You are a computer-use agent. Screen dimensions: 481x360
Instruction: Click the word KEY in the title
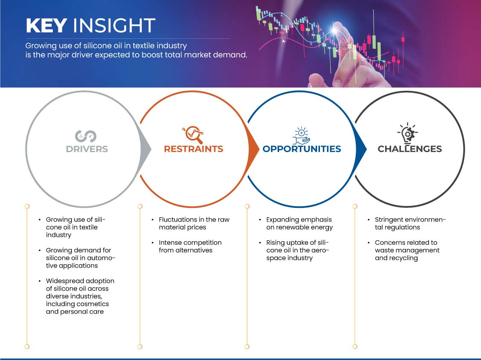[46, 26]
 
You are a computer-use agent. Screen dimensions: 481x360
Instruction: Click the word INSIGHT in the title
[114, 26]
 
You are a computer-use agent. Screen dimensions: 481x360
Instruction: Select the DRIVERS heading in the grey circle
[87, 149]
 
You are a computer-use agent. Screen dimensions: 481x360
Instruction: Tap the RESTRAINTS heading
[193, 149]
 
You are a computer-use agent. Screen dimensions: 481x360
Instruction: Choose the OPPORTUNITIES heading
[302, 149]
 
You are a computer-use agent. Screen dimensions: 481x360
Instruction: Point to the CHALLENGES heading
[410, 149]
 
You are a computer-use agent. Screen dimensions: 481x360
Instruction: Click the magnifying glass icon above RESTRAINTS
[193, 135]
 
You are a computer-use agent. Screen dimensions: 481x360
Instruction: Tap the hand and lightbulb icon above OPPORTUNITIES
[301, 135]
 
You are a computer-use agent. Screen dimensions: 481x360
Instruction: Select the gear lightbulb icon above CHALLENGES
[408, 133]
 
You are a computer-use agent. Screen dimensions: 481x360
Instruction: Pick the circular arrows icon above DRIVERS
[86, 136]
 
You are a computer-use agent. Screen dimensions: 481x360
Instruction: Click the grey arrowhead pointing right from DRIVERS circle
[146, 150]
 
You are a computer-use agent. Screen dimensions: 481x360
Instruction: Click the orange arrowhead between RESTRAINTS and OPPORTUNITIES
[253, 150]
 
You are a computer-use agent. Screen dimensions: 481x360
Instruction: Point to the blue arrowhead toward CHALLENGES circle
[361, 150]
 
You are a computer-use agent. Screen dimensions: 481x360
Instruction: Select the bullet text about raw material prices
[194, 224]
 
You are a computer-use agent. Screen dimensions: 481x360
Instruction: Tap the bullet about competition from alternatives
[190, 247]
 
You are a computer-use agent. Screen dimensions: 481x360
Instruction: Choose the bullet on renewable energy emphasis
[300, 224]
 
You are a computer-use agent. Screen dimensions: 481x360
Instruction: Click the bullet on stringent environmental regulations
[410, 224]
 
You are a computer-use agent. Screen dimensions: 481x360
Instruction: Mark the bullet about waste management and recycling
[407, 250]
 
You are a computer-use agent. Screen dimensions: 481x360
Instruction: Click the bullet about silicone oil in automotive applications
[81, 258]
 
